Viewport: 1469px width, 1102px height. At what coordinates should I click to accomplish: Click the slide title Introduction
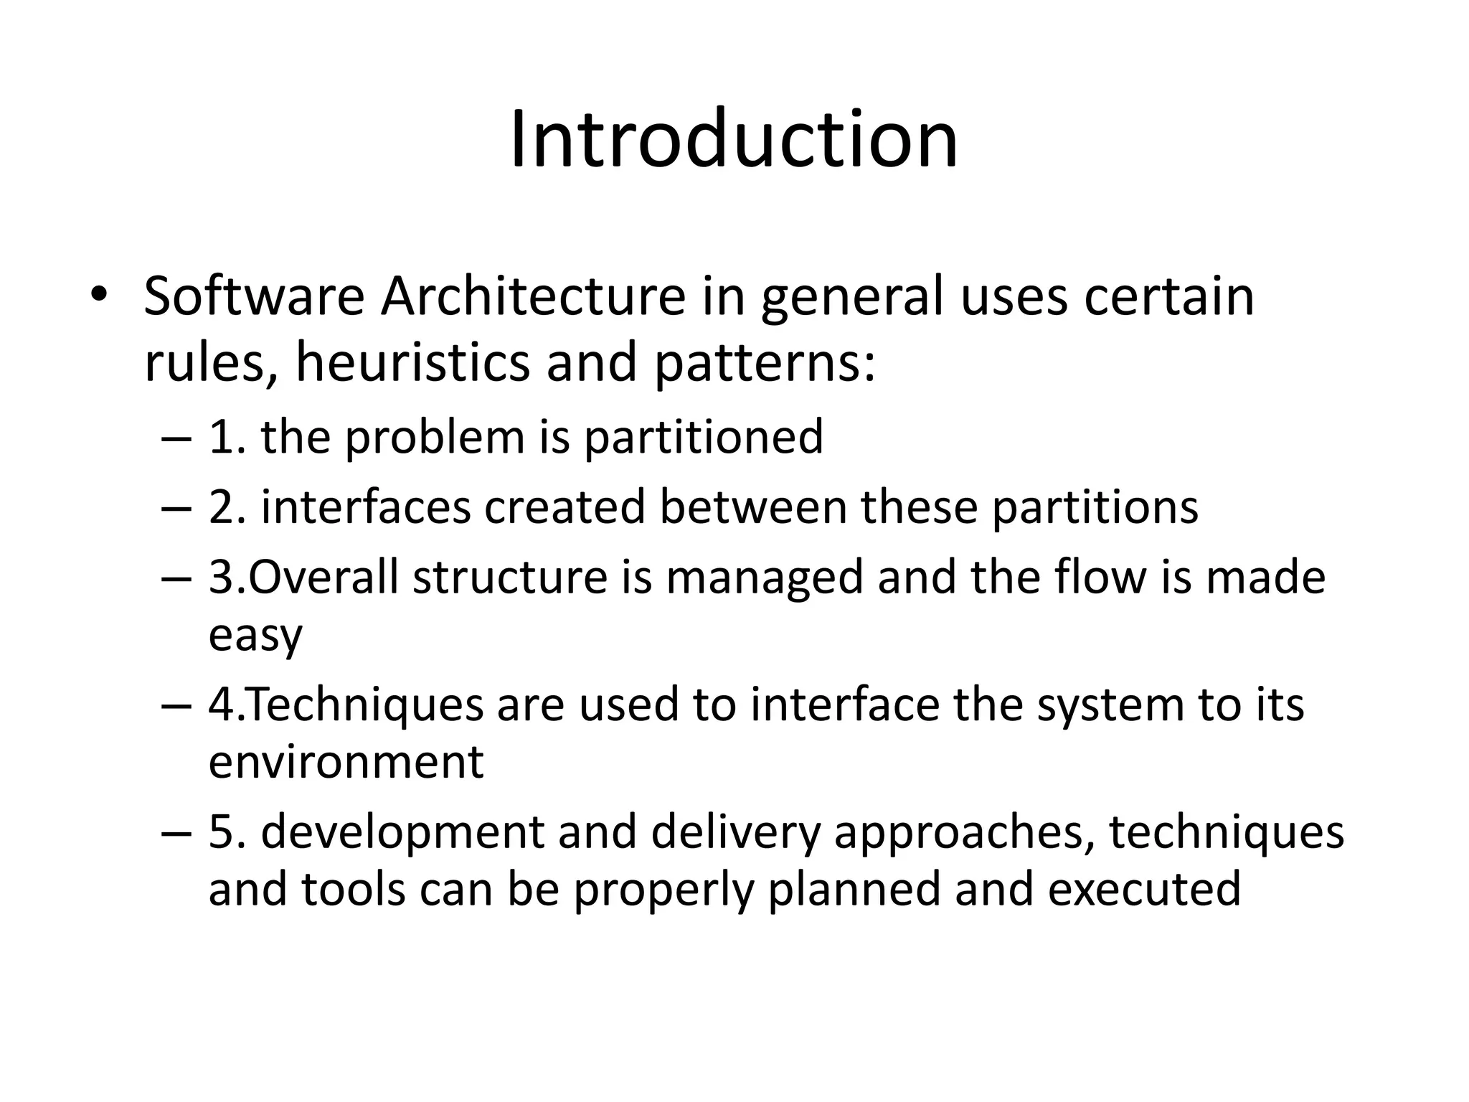click(733, 139)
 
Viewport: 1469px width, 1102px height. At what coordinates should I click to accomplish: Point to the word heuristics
click(412, 362)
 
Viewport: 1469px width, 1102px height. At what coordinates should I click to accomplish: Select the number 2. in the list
click(227, 507)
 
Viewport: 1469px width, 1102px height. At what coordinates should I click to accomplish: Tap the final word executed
click(1144, 889)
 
